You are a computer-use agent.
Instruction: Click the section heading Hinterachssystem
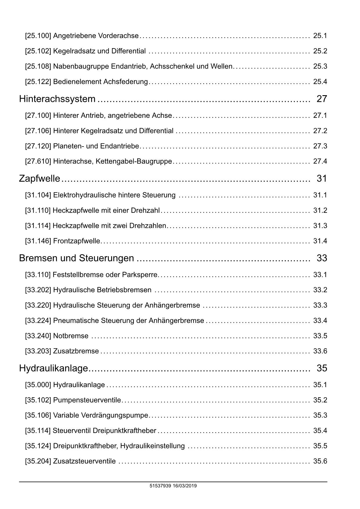[57, 99]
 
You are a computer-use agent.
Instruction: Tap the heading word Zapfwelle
[39, 178]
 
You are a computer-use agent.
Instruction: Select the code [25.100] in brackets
[38, 36]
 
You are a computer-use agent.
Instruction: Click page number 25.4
[320, 82]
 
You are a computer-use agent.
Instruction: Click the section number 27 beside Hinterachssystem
[322, 99]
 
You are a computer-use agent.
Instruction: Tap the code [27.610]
[38, 161]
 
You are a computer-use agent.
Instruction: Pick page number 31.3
[320, 226]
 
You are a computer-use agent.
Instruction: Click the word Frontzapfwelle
[77, 241]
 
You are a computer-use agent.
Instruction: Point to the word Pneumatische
[76, 321]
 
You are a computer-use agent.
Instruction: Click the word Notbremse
[71, 336]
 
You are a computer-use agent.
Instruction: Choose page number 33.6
[320, 351]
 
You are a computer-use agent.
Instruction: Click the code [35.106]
[38, 416]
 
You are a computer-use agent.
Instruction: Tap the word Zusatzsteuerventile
[84, 461]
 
